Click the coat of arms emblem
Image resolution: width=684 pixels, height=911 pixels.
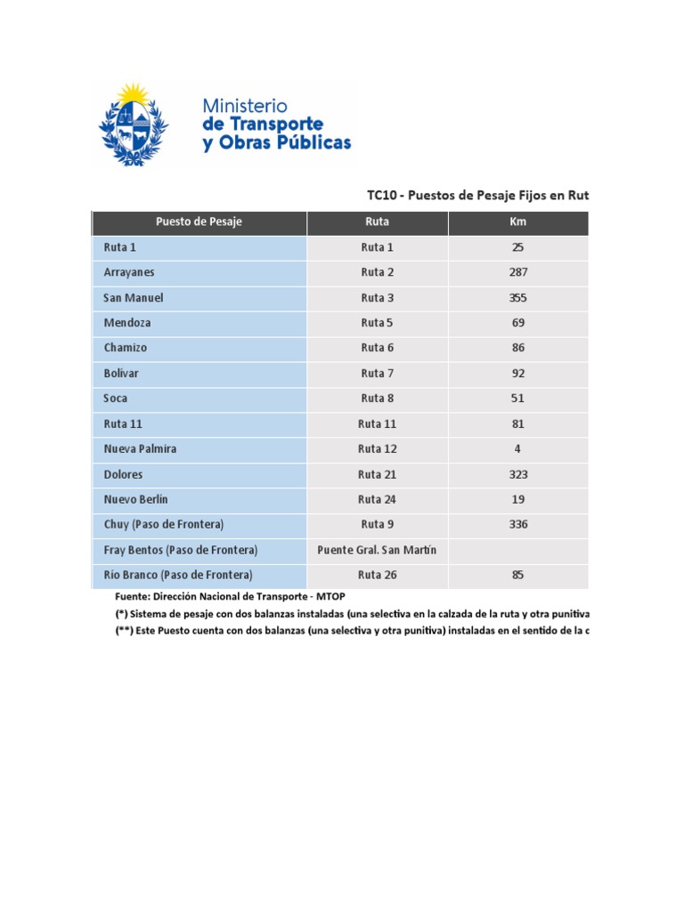click(134, 125)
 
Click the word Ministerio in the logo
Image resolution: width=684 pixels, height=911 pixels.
click(245, 106)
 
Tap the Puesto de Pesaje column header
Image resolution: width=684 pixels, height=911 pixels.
click(199, 222)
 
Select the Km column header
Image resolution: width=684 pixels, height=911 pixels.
click(518, 222)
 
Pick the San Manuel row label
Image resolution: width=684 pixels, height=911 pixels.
click(134, 297)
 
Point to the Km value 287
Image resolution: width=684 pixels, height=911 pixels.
click(518, 272)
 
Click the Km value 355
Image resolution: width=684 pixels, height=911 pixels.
click(518, 297)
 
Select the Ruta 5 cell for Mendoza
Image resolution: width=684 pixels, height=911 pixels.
click(377, 323)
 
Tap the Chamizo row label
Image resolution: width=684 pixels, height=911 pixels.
click(126, 348)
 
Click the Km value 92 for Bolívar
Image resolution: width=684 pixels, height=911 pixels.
click(518, 373)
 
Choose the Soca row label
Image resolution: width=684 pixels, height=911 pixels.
click(116, 398)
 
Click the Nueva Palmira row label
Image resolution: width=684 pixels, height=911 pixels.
click(140, 448)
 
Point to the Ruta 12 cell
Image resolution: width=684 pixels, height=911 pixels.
click(377, 448)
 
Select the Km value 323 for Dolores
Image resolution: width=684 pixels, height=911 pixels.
click(518, 474)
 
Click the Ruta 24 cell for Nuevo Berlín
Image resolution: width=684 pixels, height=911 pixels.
click(377, 499)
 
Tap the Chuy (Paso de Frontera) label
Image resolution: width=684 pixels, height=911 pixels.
click(164, 524)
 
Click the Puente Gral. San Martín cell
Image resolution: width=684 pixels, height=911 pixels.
click(377, 550)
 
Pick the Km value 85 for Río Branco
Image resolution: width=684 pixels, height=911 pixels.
click(518, 575)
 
